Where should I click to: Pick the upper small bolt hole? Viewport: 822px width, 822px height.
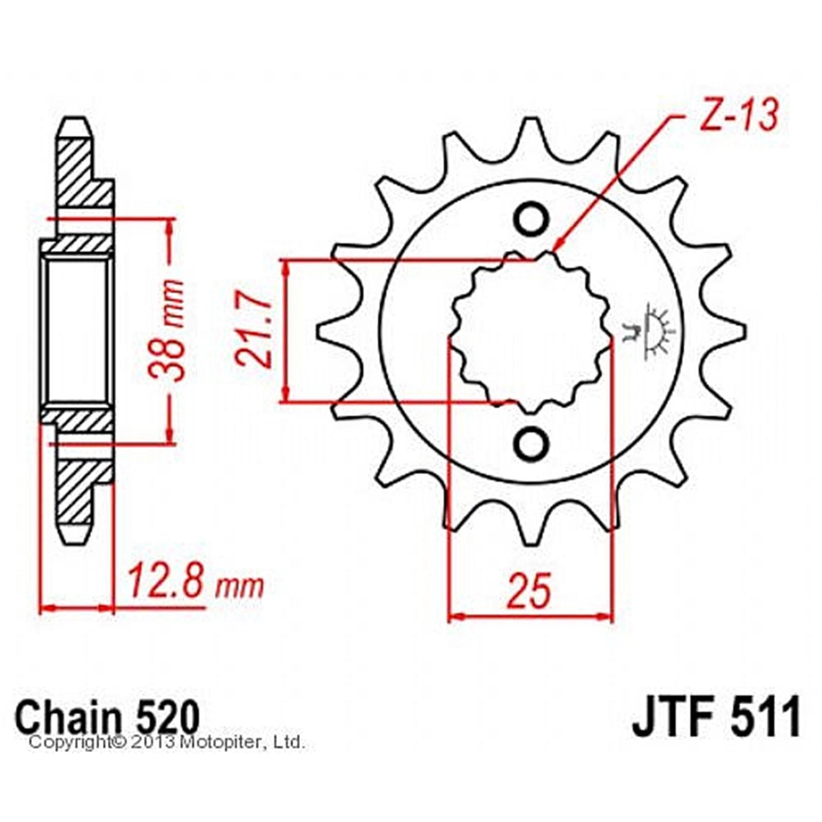pyautogui.click(x=531, y=220)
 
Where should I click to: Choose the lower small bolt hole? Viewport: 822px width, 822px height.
pyautogui.click(x=531, y=442)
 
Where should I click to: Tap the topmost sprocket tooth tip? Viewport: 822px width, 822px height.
pyautogui.click(x=531, y=122)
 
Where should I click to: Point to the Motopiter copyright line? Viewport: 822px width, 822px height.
pyautogui.click(x=167, y=742)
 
